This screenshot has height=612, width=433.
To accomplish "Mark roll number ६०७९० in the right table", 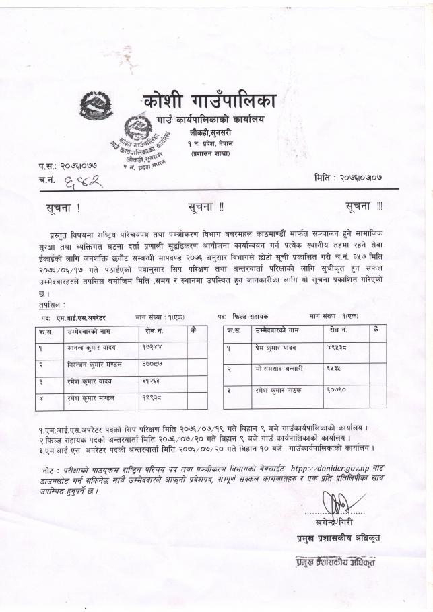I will pyautogui.click(x=341, y=390).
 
